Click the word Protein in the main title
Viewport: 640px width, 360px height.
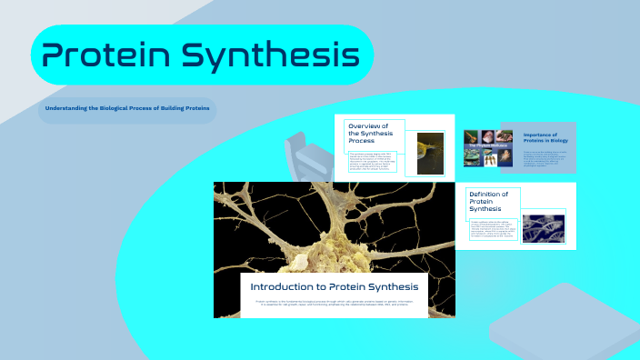pyautogui.click(x=102, y=56)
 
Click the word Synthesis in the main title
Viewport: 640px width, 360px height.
pyautogui.click(x=270, y=56)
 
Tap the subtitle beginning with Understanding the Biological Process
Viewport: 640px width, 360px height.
pyautogui.click(x=127, y=109)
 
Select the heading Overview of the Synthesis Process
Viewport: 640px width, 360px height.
pyautogui.click(x=374, y=134)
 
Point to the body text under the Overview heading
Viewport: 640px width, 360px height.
pyautogui.click(x=372, y=162)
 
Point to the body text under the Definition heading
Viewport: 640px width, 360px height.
pyautogui.click(x=494, y=229)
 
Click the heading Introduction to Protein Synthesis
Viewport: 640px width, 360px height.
pyautogui.click(x=335, y=286)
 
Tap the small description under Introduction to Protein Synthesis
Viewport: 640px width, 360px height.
pyautogui.click(x=335, y=302)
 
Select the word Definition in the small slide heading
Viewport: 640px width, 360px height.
pyautogui.click(x=488, y=194)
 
